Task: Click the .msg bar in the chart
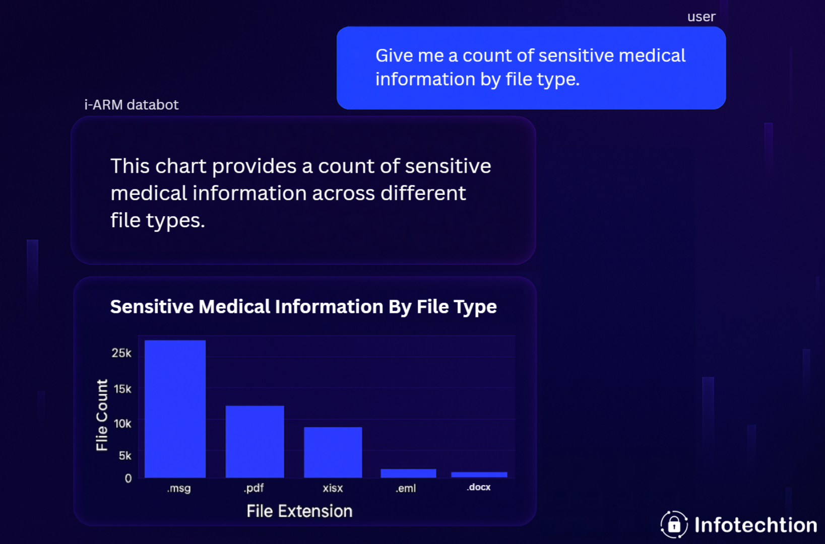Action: (x=175, y=409)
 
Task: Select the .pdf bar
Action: (x=255, y=441)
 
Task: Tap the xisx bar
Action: (x=333, y=452)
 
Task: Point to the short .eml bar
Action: (x=408, y=473)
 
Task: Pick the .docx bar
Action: (x=479, y=474)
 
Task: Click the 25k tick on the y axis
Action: (x=121, y=353)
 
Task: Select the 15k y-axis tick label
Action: (x=122, y=389)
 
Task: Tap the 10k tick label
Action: (x=122, y=424)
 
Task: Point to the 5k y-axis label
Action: (x=124, y=456)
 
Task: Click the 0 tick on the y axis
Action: (x=128, y=479)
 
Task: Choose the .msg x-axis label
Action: (x=179, y=488)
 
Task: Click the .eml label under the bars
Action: (x=406, y=488)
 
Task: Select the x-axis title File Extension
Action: (x=299, y=511)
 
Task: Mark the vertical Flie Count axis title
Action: (x=102, y=415)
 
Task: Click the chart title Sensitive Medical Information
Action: (x=303, y=307)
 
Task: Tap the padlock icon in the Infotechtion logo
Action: (x=674, y=525)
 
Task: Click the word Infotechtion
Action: (x=755, y=525)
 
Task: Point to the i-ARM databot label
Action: (x=131, y=105)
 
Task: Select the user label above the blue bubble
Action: (x=701, y=17)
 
